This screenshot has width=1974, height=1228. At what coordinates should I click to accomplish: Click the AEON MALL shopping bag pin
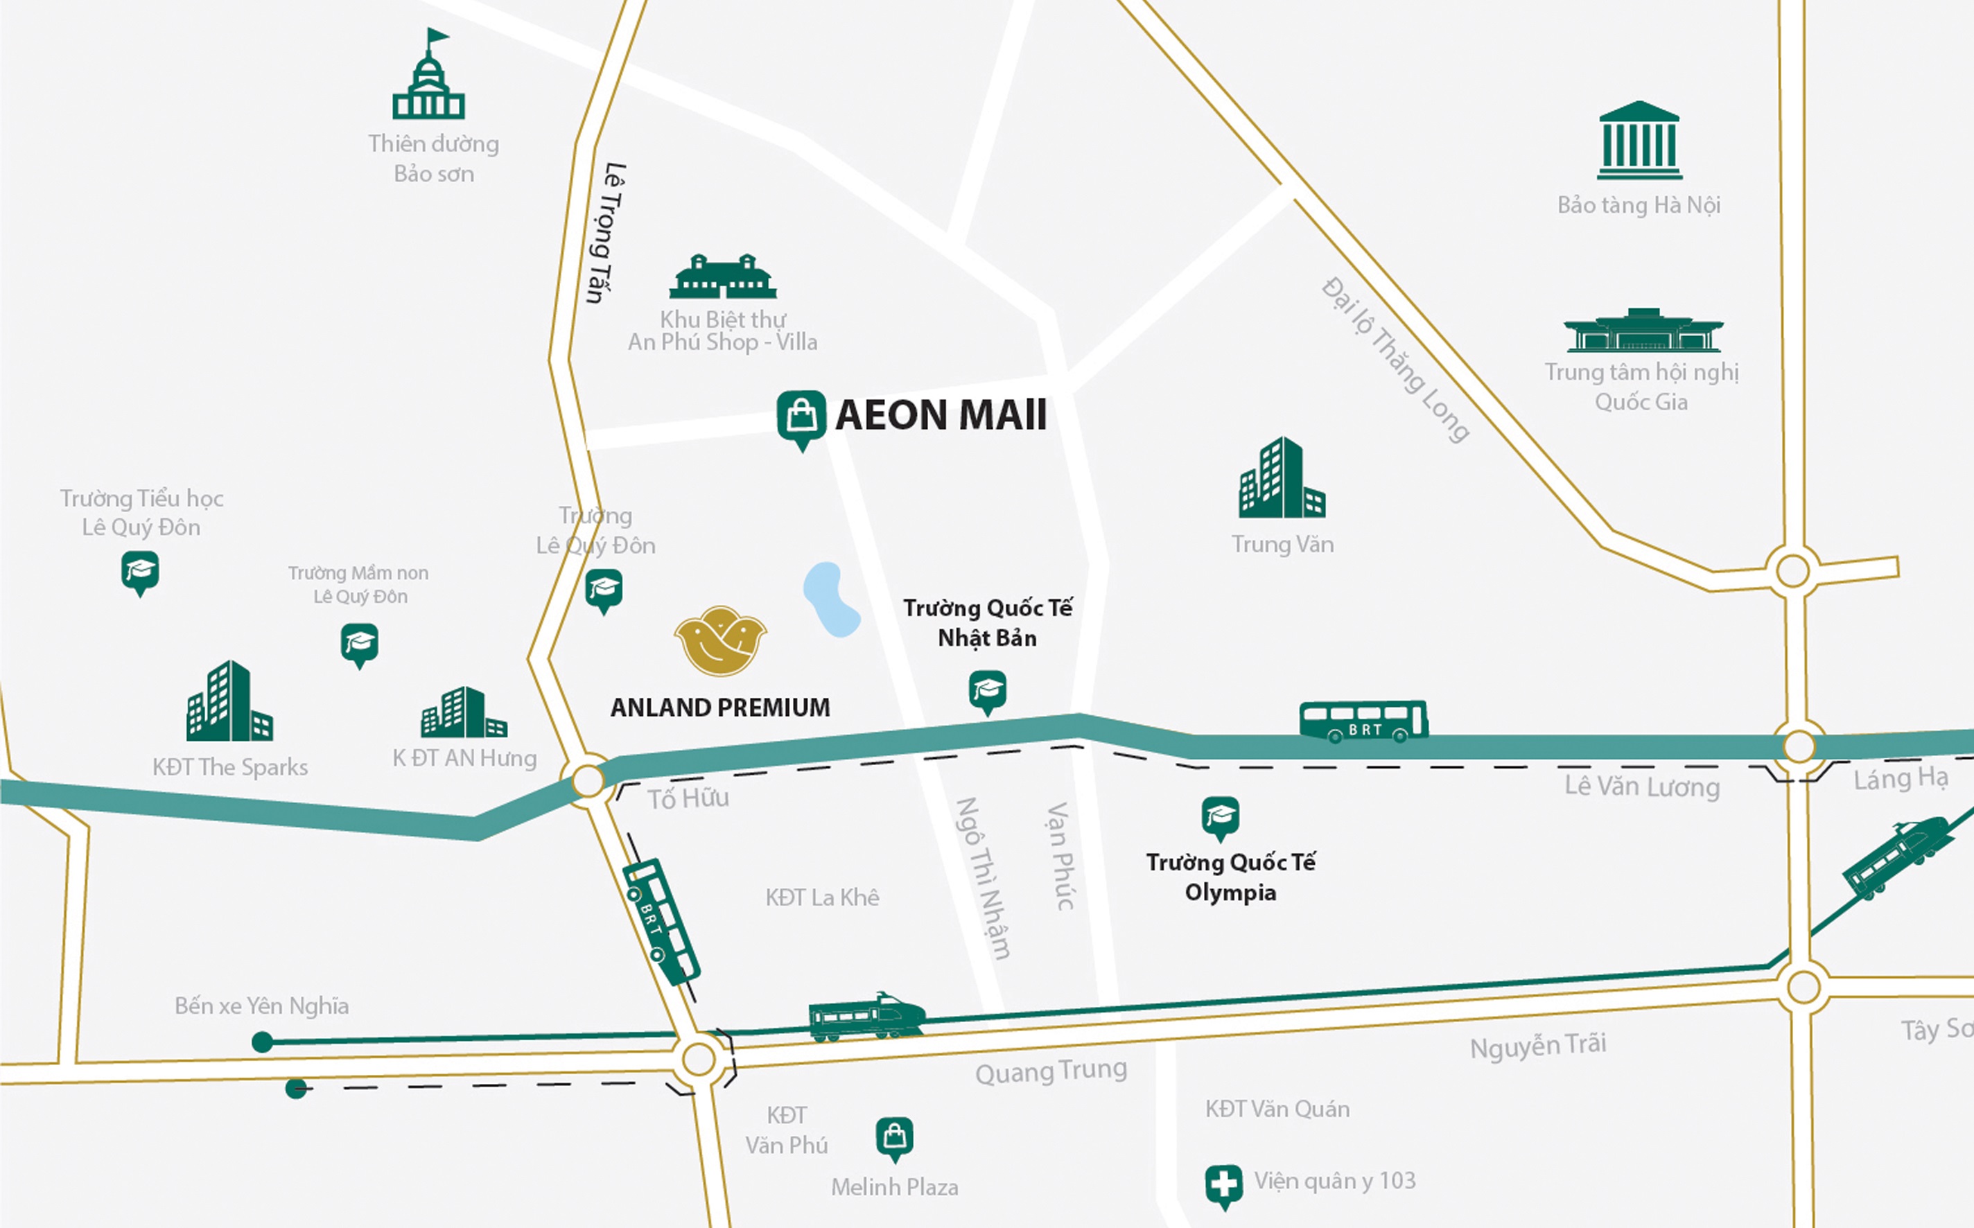point(801,417)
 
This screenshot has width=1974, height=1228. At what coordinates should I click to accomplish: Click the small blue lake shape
point(830,599)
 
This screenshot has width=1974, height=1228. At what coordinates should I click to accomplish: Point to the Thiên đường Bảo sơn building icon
point(428,77)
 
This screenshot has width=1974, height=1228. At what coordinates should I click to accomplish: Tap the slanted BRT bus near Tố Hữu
point(661,922)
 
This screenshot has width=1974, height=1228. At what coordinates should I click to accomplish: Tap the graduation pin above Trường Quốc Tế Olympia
point(1219,816)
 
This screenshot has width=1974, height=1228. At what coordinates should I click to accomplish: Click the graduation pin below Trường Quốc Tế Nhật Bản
point(987,690)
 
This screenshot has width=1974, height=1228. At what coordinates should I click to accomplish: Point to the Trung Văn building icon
point(1281,478)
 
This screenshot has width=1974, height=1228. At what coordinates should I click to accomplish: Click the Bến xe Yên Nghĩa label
point(261,1006)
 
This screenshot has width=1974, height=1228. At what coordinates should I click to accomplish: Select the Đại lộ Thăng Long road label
point(1395,360)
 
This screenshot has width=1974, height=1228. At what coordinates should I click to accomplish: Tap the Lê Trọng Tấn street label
point(605,233)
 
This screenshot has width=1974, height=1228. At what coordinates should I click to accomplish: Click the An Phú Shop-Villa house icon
point(722,277)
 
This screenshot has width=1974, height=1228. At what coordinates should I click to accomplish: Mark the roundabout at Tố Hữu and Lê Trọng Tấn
point(588,780)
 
